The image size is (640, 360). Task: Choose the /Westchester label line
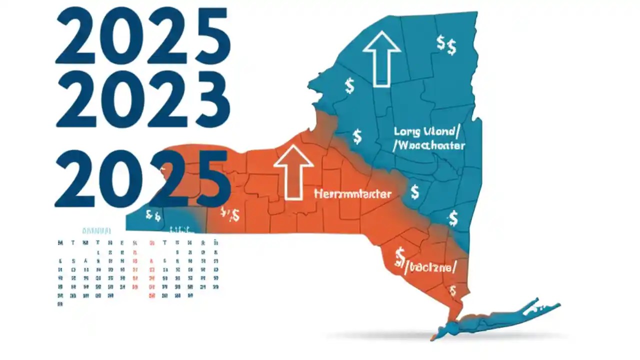tap(428, 146)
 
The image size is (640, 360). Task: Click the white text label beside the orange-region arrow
tap(352, 194)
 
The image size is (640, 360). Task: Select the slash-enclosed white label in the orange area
tap(425, 267)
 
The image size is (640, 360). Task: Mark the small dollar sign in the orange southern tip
tap(452, 290)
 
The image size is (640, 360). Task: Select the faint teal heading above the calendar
tap(96, 231)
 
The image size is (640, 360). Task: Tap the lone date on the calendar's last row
tap(60, 303)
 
